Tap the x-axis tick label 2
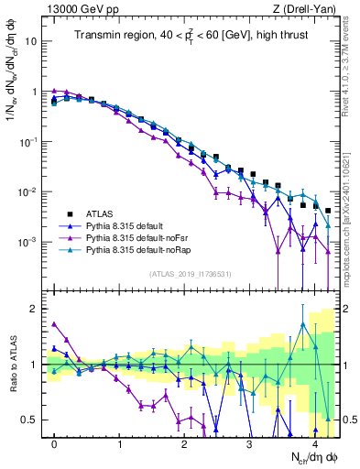pyautogui.click(x=185, y=442)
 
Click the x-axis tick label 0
pyautogui.click(x=55, y=442)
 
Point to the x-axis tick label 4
pyautogui.click(x=315, y=442)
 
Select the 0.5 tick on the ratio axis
pyautogui.click(x=30, y=420)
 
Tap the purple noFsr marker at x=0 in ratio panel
pyautogui.click(x=55, y=323)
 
